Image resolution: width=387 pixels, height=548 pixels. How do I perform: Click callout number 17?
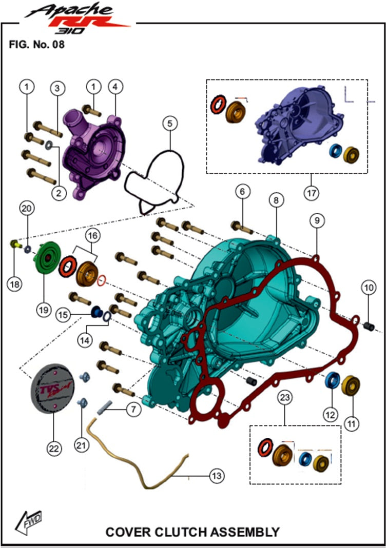312,193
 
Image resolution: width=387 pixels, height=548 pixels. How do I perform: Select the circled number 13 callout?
217,476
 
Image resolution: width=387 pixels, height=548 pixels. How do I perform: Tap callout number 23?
285,397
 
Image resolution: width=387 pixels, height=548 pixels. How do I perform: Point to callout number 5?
170,124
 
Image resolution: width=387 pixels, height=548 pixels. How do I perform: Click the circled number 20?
27,209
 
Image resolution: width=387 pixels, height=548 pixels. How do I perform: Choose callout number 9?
317,220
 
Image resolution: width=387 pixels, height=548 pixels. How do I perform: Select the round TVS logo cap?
52,389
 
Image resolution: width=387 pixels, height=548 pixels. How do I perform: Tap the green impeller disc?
47,258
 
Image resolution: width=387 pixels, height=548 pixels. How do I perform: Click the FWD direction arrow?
28,522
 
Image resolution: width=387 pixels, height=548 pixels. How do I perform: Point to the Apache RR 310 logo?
77,17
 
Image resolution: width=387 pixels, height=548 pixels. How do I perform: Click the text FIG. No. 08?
37,45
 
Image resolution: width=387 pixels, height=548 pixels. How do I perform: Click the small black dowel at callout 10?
369,327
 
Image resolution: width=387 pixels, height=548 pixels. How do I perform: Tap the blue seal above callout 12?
332,380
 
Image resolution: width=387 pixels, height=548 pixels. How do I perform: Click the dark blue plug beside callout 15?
95,312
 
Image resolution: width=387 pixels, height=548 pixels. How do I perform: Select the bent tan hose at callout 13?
137,454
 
